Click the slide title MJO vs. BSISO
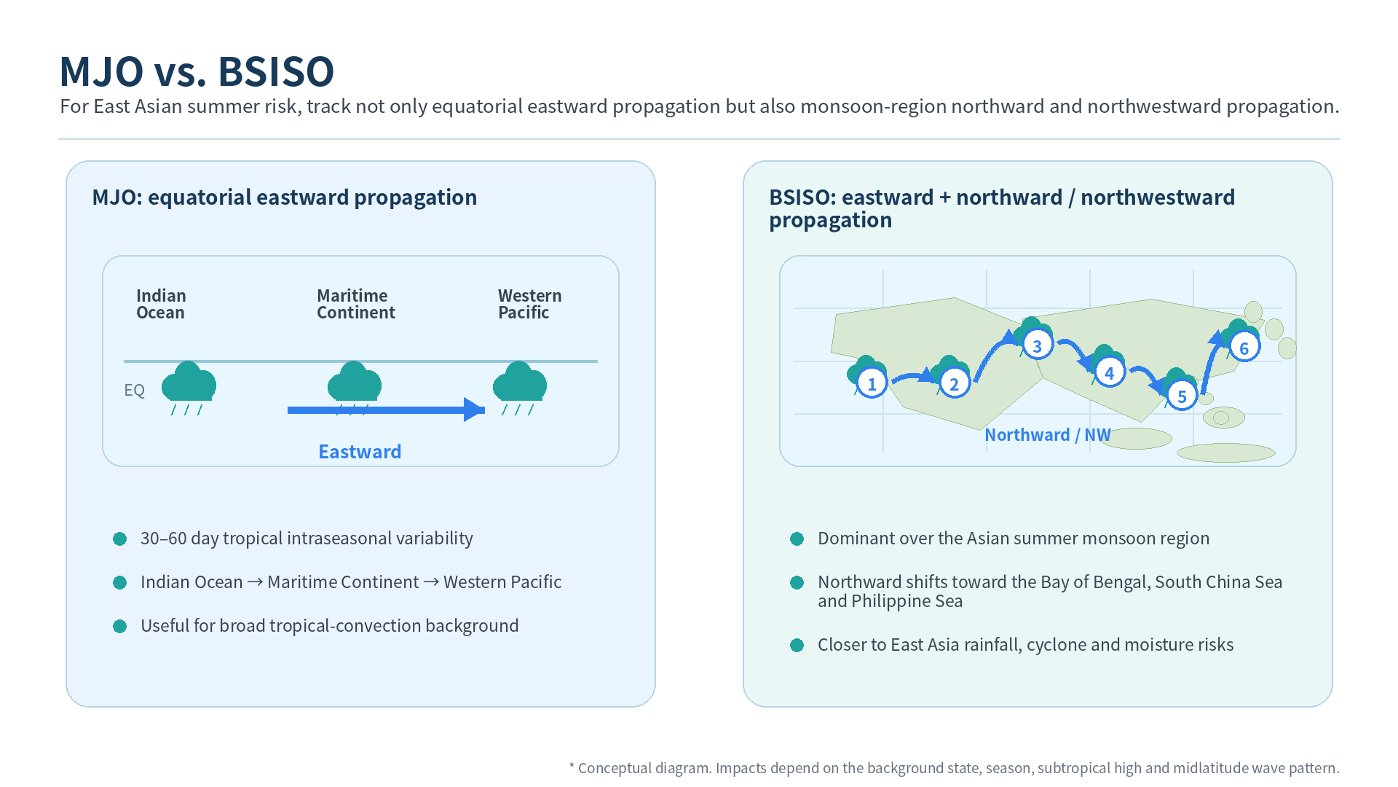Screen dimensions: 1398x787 point(197,71)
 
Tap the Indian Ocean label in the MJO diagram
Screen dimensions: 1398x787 point(161,304)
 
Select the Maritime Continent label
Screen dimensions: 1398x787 point(355,304)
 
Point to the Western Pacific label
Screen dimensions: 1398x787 point(529,304)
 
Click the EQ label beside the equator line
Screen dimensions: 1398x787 point(134,390)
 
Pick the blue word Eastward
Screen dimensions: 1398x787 point(360,452)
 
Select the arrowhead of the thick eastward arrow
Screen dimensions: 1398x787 point(474,410)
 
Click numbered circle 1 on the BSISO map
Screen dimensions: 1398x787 point(872,383)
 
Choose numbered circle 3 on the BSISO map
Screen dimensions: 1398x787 point(1037,345)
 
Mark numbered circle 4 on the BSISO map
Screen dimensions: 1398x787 point(1109,373)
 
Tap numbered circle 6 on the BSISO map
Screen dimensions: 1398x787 point(1244,348)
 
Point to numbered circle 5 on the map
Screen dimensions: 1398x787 point(1182,396)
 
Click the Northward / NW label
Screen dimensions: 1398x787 point(1048,435)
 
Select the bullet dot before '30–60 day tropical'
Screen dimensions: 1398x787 point(120,539)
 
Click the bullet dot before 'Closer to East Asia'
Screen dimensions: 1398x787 point(797,645)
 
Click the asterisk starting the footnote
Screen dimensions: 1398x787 point(572,766)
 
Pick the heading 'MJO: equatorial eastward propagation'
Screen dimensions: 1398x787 point(284,197)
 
